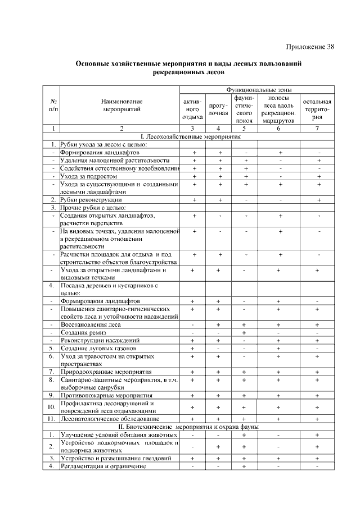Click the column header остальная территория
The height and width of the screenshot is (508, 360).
[318, 109]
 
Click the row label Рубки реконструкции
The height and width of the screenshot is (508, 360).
[91, 199]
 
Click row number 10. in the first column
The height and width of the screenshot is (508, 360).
[52, 407]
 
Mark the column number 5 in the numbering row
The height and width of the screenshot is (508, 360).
[245, 129]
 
